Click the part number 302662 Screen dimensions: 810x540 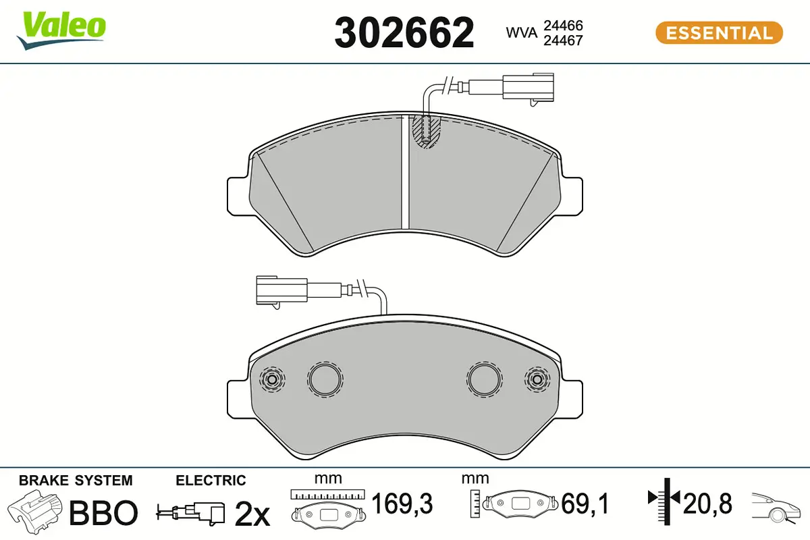tap(404, 33)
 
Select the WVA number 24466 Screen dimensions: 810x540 tap(563, 26)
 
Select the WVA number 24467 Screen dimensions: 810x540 tap(563, 40)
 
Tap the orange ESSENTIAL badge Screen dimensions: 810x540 tap(719, 33)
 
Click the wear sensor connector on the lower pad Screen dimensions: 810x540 tap(282, 290)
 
